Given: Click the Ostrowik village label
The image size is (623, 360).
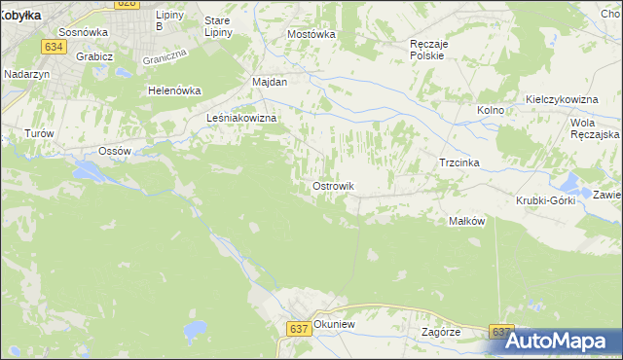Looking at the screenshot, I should [333, 186].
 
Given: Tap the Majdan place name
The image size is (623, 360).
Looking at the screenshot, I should [270, 82].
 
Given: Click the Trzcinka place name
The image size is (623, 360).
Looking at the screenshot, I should [460, 162].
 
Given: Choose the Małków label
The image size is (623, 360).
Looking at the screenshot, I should [466, 221].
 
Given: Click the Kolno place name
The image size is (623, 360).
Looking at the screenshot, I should [490, 110].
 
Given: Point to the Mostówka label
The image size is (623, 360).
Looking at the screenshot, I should [311, 33].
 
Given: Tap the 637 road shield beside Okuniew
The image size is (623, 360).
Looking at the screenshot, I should [299, 329].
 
